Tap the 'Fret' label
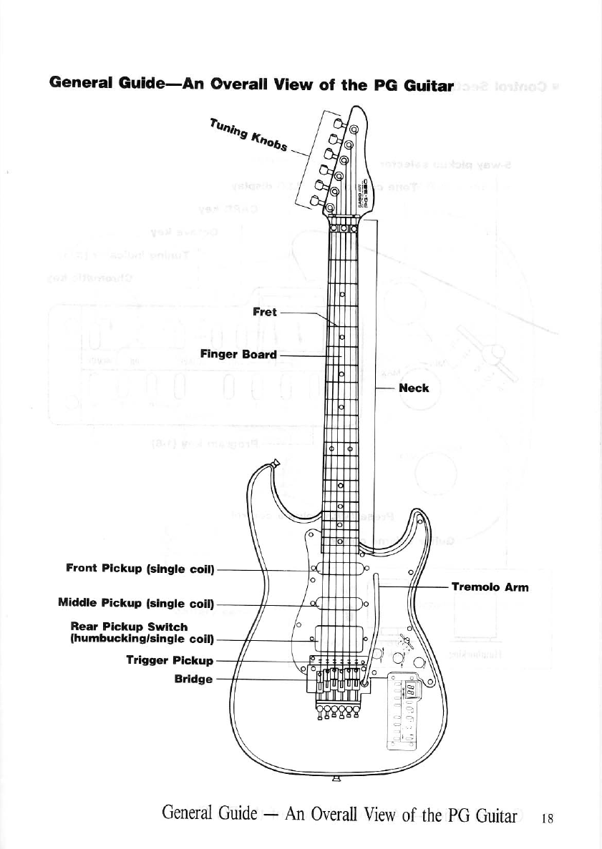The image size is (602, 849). [x=265, y=313]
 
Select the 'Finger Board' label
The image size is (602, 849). [x=238, y=354]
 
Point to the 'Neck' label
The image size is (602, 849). [x=414, y=388]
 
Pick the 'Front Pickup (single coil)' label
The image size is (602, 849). [x=140, y=569]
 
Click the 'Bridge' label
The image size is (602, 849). [x=194, y=679]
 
